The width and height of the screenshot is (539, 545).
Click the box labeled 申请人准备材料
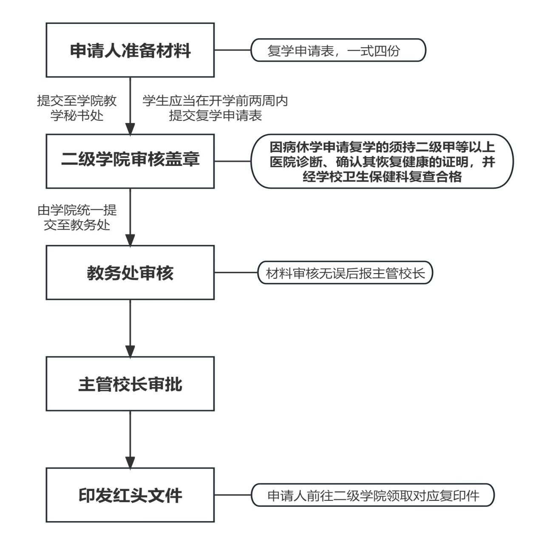click(x=130, y=50)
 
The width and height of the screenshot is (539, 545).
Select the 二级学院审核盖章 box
click(x=130, y=161)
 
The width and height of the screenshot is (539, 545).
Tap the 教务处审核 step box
click(x=130, y=272)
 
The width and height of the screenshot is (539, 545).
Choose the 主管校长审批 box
click(x=130, y=384)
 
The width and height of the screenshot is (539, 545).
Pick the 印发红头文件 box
click(x=130, y=495)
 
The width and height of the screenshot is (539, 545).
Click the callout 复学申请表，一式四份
click(x=338, y=50)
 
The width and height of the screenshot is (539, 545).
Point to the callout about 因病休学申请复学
click(x=382, y=161)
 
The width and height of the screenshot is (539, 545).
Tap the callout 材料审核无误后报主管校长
click(x=345, y=273)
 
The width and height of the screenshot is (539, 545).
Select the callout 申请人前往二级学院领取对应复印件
click(x=373, y=495)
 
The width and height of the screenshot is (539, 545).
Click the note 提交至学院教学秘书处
click(x=77, y=108)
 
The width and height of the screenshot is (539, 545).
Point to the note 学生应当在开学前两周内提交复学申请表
click(x=215, y=108)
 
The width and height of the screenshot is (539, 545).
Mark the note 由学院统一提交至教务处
click(x=77, y=217)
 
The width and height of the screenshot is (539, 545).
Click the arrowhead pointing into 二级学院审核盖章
click(x=130, y=128)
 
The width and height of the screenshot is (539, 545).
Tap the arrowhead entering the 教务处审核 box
click(x=130, y=240)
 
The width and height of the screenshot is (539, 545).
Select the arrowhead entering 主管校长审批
click(x=130, y=351)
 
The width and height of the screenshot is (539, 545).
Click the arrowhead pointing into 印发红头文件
click(x=130, y=462)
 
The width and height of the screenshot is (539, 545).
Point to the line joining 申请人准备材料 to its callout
click(x=233, y=50)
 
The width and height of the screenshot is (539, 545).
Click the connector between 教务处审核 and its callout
click(x=236, y=273)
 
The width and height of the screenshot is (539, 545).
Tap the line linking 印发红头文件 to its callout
click(x=233, y=495)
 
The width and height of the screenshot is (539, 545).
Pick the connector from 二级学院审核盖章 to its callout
click(x=233, y=161)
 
